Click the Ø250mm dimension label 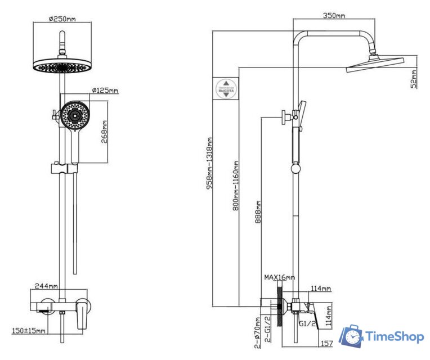tap(62, 19)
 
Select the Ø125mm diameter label tap(105, 91)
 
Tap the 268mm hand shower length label tap(105, 132)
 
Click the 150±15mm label tap(29, 331)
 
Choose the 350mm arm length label tap(334, 15)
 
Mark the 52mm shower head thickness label tap(414, 79)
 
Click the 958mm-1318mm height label tap(209, 163)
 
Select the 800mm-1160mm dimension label tap(236, 186)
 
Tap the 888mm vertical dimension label tap(258, 212)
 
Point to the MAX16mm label tap(280, 277)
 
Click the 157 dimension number tap(326, 344)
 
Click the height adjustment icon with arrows tap(226, 88)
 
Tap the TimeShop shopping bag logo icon tap(352, 336)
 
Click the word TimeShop tap(394, 337)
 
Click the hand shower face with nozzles tap(73, 116)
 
